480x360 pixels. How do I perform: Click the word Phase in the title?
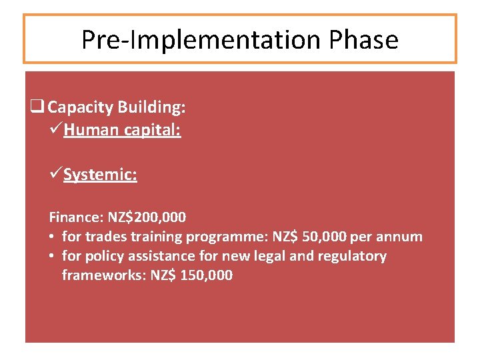pyautogui.click(x=363, y=40)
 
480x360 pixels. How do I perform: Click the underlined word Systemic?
pyautogui.click(x=101, y=175)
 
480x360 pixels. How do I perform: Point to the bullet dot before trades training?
pyautogui.click(x=53, y=237)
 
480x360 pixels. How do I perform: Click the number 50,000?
pyautogui.click(x=331, y=237)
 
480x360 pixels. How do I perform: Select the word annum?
pyautogui.click(x=401, y=237)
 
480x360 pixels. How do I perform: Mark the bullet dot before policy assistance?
pyautogui.click(x=53, y=256)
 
